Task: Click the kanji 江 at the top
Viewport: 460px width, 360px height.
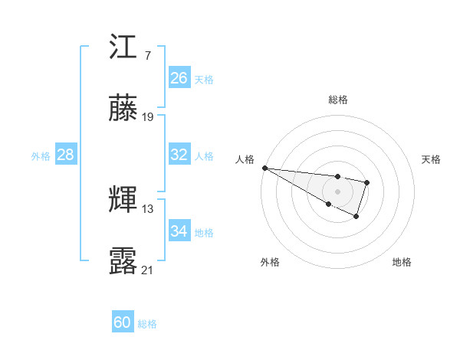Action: pyautogui.click(x=123, y=49)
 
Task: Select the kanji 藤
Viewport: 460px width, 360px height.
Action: pyautogui.click(x=123, y=109)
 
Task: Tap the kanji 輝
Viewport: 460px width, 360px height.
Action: pyautogui.click(x=123, y=200)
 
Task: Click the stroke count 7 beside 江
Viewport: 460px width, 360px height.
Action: pyautogui.click(x=147, y=56)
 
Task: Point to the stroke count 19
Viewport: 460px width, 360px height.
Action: pyautogui.click(x=148, y=116)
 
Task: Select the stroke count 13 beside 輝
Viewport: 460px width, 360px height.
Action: pyautogui.click(x=148, y=208)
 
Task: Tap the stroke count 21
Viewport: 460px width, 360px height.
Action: pyautogui.click(x=148, y=269)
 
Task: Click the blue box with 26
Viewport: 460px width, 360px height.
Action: pyautogui.click(x=179, y=78)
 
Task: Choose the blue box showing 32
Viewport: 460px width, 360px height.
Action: pyautogui.click(x=179, y=155)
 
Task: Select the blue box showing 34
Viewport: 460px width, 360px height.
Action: pyautogui.click(x=179, y=231)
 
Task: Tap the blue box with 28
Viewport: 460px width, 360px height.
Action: pyautogui.click(x=65, y=155)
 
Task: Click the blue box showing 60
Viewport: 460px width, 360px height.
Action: pyautogui.click(x=123, y=322)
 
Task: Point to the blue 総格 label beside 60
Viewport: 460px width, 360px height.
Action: pyautogui.click(x=147, y=324)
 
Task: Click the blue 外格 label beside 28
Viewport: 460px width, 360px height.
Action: pyautogui.click(x=41, y=155)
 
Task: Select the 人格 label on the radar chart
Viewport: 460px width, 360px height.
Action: pyautogui.click(x=245, y=159)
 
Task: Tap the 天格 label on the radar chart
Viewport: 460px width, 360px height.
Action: pyautogui.click(x=431, y=159)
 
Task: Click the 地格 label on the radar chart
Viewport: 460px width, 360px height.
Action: pyautogui.click(x=402, y=262)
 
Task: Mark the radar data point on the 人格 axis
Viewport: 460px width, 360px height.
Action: pyautogui.click(x=264, y=168)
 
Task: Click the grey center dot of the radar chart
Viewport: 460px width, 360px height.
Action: pyautogui.click(x=338, y=191)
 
